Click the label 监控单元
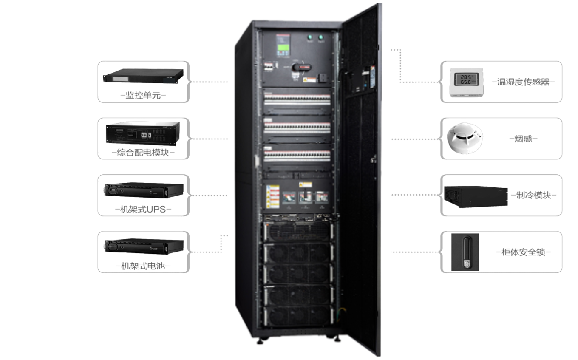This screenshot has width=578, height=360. coord(143,96)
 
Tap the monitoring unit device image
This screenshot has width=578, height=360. coord(143,76)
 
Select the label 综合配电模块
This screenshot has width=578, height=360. coord(143,153)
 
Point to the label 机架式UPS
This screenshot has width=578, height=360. coord(143,209)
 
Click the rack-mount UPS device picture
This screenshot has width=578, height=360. coord(143,190)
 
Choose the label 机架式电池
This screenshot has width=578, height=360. coord(143,266)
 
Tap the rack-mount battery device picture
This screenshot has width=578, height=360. coord(143,246)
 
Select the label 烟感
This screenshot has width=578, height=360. coord(523,139)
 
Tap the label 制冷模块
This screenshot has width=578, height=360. coord(533,195)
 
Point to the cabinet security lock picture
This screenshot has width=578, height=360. coord(465,252)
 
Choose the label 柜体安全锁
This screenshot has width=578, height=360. coord(523,252)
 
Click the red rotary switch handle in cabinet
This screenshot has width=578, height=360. coord(305,67)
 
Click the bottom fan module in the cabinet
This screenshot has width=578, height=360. coord(297,315)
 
